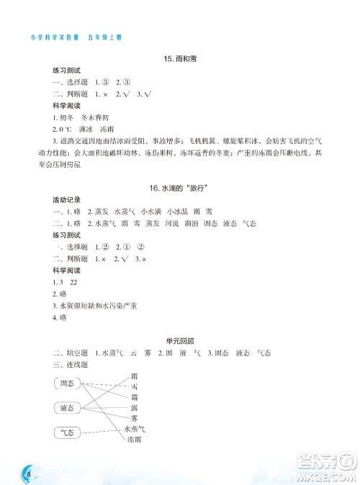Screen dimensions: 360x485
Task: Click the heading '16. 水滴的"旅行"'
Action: click(179, 188)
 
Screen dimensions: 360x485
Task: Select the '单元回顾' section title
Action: click(180, 340)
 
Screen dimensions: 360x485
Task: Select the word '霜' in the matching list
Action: click(135, 396)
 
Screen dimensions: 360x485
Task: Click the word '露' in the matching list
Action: click(135, 407)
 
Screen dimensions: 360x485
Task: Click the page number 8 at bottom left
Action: click(27, 473)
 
